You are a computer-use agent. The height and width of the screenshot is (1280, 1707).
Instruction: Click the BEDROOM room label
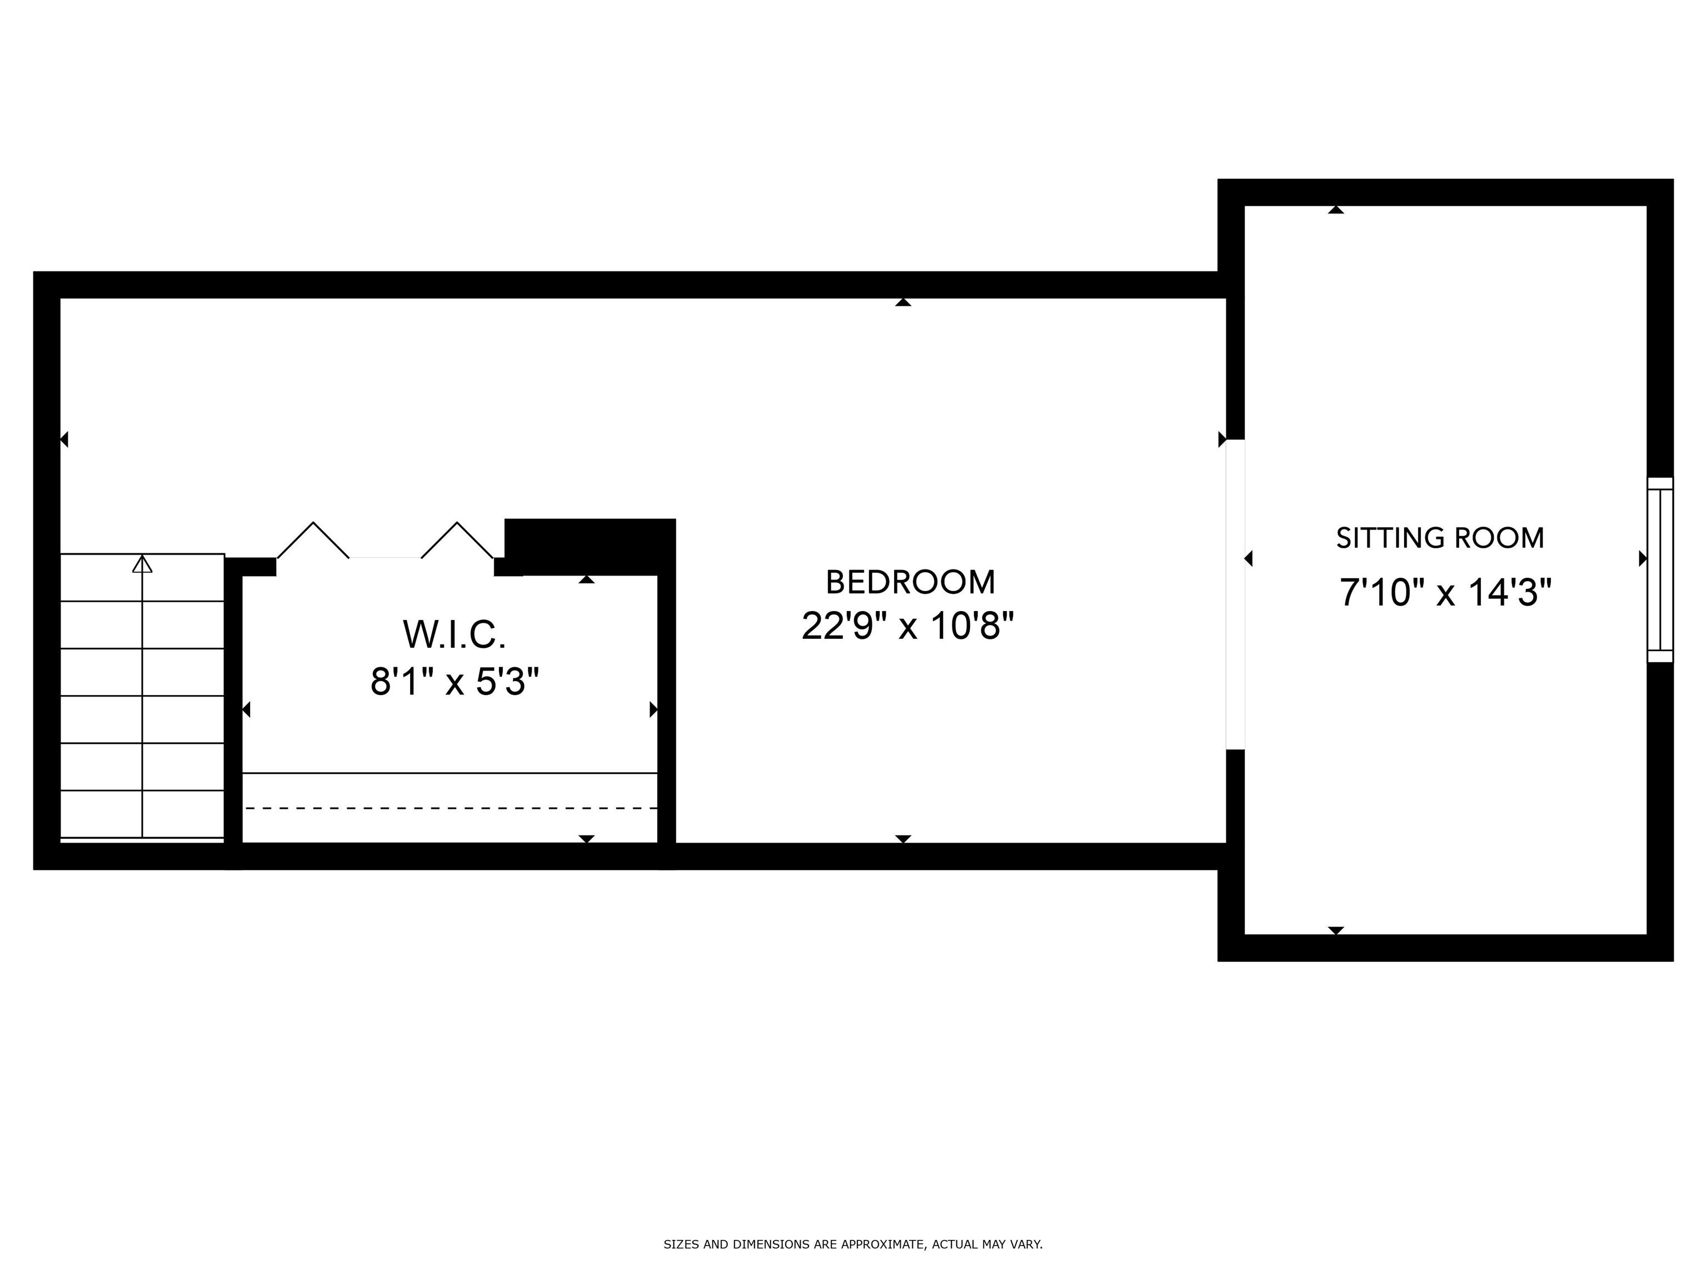[x=910, y=583]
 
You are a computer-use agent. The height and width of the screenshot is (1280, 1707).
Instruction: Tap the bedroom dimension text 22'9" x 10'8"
[x=907, y=626]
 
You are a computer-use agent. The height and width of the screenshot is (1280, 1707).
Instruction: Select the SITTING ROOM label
[x=1440, y=538]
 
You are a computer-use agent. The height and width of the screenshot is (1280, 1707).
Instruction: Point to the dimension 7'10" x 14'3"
[x=1445, y=593]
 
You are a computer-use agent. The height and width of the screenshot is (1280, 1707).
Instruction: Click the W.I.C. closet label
[x=454, y=635]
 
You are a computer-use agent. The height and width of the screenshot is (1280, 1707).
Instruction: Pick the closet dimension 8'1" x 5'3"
[x=454, y=682]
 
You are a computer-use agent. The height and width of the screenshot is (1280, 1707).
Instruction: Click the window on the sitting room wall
[x=1660, y=569]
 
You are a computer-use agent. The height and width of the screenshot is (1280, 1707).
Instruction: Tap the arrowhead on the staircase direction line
[x=142, y=564]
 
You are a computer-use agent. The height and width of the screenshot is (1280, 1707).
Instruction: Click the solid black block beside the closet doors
[x=590, y=546]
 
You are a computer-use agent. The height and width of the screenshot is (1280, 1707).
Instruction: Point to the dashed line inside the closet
[x=450, y=808]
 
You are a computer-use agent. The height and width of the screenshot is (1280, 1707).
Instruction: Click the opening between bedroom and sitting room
[x=1235, y=594]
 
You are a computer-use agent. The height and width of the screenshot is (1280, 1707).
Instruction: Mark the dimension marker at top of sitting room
[x=1336, y=210]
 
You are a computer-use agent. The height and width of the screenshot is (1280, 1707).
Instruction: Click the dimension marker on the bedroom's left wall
[x=64, y=439]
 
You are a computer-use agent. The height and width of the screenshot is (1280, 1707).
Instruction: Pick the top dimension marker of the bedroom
[x=903, y=302]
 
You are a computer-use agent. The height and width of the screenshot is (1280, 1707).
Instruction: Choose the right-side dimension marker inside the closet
[x=653, y=709]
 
